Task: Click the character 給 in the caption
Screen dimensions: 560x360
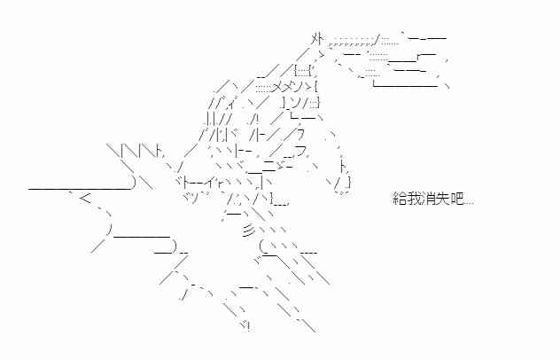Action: (400, 198)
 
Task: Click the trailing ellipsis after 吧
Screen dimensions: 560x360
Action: (469, 203)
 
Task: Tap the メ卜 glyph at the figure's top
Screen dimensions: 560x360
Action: (317, 39)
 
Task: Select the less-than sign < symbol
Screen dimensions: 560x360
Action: (86, 198)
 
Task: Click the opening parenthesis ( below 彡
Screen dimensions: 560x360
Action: (262, 247)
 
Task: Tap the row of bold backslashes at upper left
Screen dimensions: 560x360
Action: (132, 150)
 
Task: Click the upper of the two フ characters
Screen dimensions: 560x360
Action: (300, 134)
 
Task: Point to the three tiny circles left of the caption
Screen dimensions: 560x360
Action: (342, 193)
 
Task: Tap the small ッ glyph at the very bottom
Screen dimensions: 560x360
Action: (245, 325)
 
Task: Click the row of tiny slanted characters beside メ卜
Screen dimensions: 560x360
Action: (351, 44)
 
